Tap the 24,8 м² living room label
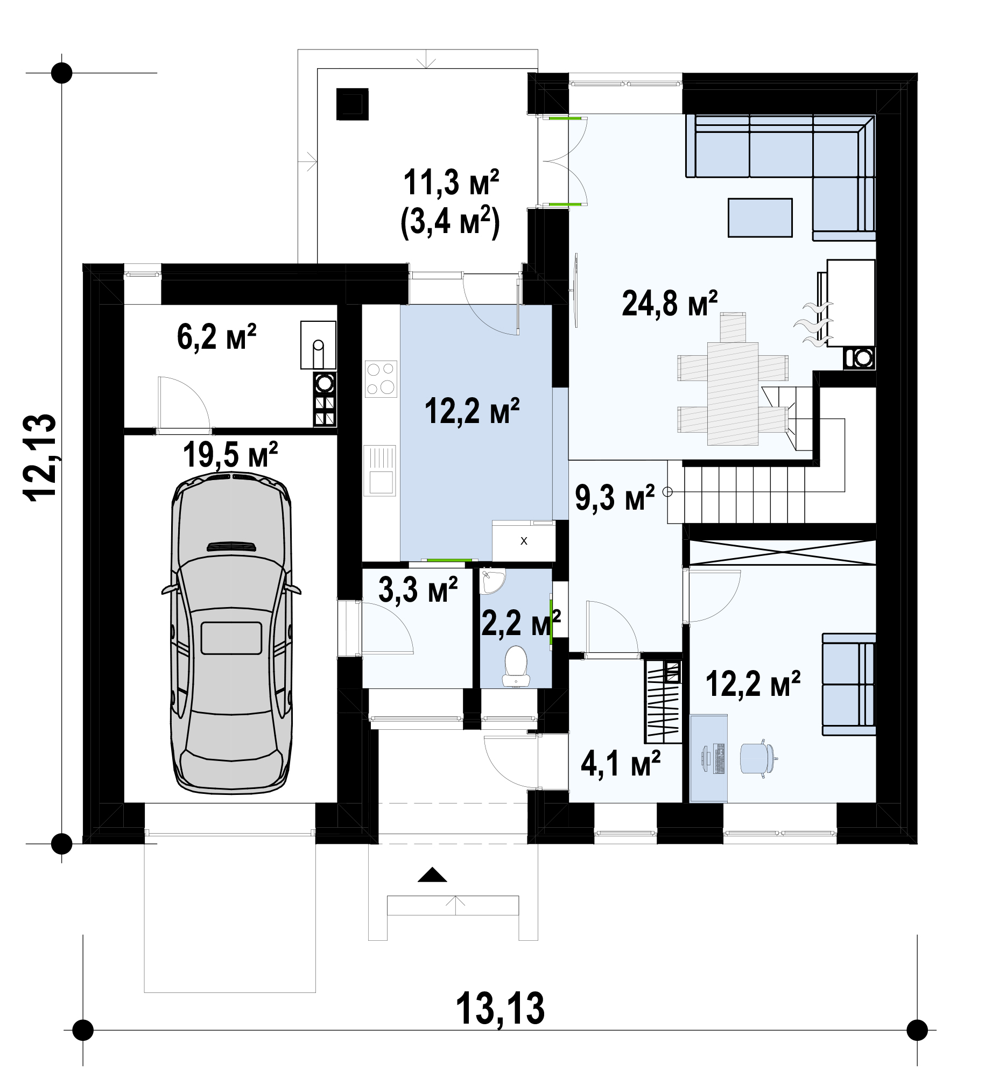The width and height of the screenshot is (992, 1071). coord(670,304)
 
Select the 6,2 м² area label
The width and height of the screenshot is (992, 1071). coord(216,337)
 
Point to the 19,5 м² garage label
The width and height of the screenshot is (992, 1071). coord(230,455)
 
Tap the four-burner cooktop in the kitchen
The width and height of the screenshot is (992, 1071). coord(381,378)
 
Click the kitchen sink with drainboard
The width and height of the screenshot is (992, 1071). coord(380,470)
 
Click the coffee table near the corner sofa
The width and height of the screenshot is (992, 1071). coord(760,217)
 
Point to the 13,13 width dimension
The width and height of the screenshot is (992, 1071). coord(500,1009)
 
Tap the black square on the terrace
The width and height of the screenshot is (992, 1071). coord(353,104)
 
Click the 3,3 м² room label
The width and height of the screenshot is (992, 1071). coord(418,590)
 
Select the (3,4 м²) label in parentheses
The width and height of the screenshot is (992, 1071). coord(450,222)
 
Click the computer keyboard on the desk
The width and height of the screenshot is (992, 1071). coord(717,759)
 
